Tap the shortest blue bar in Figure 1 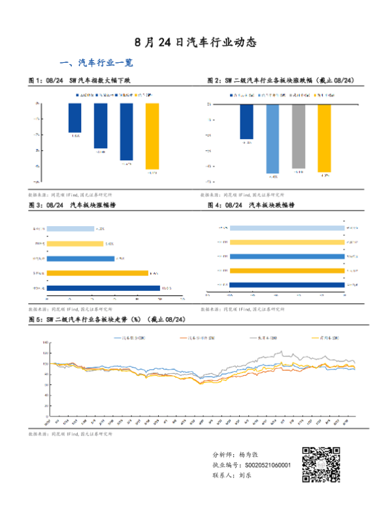click(75, 118)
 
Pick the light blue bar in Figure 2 click(272, 138)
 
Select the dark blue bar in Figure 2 click(246, 121)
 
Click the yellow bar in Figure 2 click(324, 137)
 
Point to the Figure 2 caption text click(280, 81)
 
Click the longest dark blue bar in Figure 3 click(104, 288)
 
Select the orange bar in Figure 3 click(98, 273)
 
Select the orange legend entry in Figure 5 click(198, 338)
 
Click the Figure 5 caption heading click(107, 319)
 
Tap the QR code click(321, 466)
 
